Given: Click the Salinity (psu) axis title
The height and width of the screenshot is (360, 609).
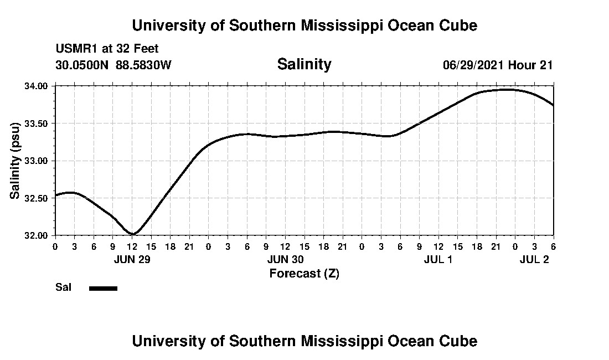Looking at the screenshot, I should (x=15, y=161).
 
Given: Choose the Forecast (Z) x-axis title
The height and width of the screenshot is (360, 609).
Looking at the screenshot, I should (x=304, y=274).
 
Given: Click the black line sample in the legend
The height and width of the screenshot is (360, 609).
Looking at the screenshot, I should (x=103, y=288).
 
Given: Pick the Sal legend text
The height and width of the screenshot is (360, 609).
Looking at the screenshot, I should (x=63, y=287).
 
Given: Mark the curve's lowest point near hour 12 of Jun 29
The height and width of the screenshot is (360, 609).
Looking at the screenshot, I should (x=133, y=234).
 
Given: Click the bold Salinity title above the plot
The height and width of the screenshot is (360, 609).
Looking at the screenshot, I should (x=304, y=64).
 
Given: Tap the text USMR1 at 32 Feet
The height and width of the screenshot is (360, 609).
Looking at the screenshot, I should (x=107, y=49).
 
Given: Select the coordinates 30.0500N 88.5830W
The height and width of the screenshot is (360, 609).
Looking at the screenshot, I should (x=113, y=65).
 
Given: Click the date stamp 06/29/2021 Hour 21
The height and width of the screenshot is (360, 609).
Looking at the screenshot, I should (x=498, y=65).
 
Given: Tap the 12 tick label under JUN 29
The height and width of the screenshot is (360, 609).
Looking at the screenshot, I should (x=132, y=246).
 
